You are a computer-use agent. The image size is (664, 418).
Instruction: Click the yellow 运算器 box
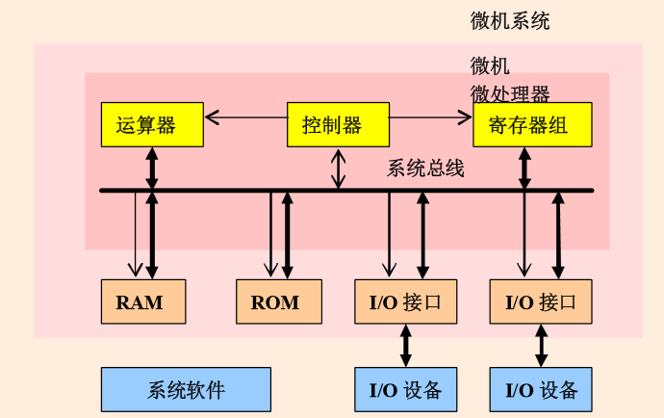[151, 124]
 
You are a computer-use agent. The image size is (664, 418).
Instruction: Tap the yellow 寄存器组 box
[532, 124]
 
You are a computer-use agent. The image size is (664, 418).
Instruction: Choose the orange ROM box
[278, 301]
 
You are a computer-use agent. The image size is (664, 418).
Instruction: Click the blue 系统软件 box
[186, 389]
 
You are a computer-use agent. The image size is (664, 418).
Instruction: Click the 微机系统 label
[510, 20]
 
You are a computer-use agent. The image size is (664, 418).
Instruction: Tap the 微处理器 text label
[510, 93]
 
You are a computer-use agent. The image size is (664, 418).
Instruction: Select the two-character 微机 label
[490, 66]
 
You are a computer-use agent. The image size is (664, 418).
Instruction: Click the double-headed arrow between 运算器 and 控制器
[245, 118]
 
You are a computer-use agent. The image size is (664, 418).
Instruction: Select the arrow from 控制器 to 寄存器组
[430, 118]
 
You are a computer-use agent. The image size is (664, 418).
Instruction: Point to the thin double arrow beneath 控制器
[337, 169]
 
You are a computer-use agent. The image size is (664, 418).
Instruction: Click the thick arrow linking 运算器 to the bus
[151, 169]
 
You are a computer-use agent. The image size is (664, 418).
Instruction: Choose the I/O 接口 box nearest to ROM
[405, 301]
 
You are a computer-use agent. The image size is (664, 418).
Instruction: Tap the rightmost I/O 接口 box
[541, 301]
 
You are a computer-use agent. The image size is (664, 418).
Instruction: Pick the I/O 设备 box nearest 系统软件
[405, 389]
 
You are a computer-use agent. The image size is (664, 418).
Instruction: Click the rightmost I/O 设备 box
[541, 389]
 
